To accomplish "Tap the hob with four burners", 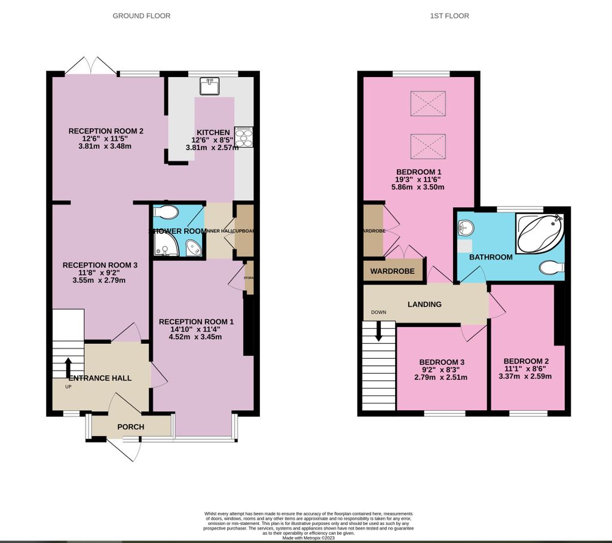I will (244, 136).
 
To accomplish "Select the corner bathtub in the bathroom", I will (539, 233).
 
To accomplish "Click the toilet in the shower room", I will (166, 213).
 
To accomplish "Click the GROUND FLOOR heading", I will (142, 16).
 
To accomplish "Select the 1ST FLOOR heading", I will (449, 16).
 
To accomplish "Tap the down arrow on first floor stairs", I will (378, 332).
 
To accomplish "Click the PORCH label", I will (130, 427).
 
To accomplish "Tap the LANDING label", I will (424, 304).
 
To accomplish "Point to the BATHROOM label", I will (491, 257).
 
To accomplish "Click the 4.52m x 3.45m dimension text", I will (196, 337).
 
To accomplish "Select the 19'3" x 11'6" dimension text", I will (418, 178).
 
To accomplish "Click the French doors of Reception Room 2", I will (91, 66).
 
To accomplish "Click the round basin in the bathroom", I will (466, 227).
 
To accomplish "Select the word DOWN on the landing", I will (379, 312).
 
